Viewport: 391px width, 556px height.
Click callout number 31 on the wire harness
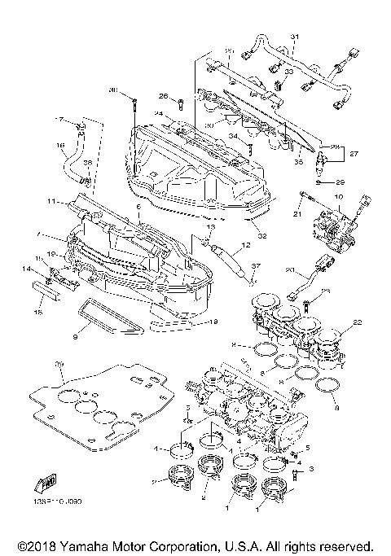point(296,37)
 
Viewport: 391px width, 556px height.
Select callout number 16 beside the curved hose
point(60,147)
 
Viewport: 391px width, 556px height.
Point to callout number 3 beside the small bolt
point(311,469)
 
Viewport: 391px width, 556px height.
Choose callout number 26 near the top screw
point(163,96)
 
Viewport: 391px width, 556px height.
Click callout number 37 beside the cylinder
point(255,268)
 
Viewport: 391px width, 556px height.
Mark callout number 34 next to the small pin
point(233,136)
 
